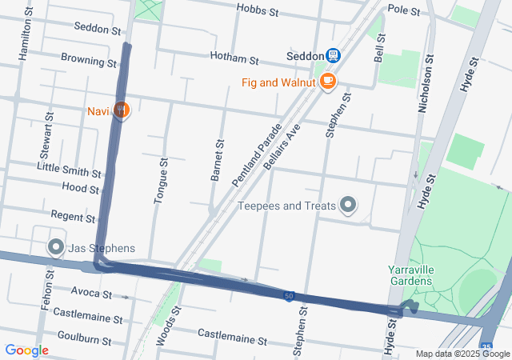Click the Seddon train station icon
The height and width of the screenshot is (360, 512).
[333, 55]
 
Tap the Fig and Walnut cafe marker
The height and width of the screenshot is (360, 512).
[327, 81]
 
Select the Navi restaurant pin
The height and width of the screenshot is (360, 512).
[120, 110]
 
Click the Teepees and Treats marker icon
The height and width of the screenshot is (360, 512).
[348, 206]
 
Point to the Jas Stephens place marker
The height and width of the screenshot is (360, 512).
[56, 247]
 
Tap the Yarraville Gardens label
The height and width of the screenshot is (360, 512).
[410, 276]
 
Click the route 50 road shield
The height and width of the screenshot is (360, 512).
[287, 296]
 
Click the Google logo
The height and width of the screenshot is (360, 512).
[26, 350]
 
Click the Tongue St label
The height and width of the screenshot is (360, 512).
[159, 182]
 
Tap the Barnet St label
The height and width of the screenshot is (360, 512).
[217, 160]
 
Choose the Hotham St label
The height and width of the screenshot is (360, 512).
[234, 59]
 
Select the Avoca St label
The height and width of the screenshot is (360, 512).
[90, 291]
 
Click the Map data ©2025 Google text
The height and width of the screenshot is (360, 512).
[462, 354]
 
